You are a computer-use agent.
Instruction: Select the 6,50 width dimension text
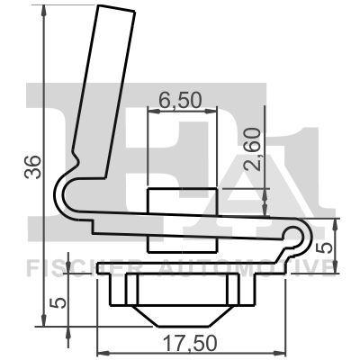click(178, 99)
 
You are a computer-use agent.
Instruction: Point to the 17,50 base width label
click(179, 343)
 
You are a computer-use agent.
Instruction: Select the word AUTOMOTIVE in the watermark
click(256, 267)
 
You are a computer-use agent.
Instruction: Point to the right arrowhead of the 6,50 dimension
click(216, 113)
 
